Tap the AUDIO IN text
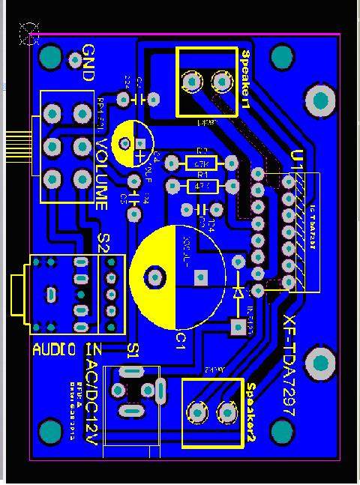(67, 349)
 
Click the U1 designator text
(297, 159)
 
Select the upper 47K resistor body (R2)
(201, 163)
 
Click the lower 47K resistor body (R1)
(201, 185)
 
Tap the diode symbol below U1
(238, 293)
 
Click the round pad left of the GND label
(73, 58)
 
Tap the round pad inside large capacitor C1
(155, 277)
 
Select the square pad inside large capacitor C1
(199, 277)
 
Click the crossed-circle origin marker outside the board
(29, 33)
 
